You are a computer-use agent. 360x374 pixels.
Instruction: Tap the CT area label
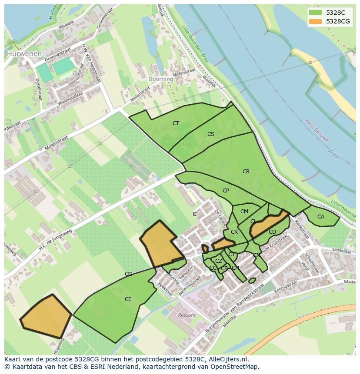[176, 123]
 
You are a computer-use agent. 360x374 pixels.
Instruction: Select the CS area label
[211, 134]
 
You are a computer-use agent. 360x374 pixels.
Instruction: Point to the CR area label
[246, 172]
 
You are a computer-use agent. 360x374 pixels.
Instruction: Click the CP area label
[226, 191]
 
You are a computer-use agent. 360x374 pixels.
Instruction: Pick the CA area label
[321, 217]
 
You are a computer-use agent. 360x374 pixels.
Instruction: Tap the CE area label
[128, 299]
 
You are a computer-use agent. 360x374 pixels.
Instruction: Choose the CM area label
[244, 212]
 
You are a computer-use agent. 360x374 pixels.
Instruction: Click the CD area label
[272, 232]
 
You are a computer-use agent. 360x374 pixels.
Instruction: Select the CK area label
[234, 232]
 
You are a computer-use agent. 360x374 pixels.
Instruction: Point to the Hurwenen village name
[24, 54]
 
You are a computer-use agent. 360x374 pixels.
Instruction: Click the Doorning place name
[160, 79]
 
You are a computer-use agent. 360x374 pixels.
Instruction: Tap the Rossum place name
[187, 315]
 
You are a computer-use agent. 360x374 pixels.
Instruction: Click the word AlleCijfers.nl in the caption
[227, 359]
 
